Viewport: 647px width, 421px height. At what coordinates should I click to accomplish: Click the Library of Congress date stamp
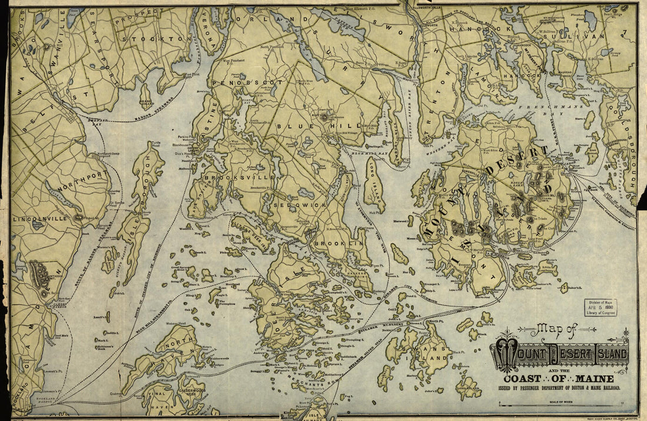600,308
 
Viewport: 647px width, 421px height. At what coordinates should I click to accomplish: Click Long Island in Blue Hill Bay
373,187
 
